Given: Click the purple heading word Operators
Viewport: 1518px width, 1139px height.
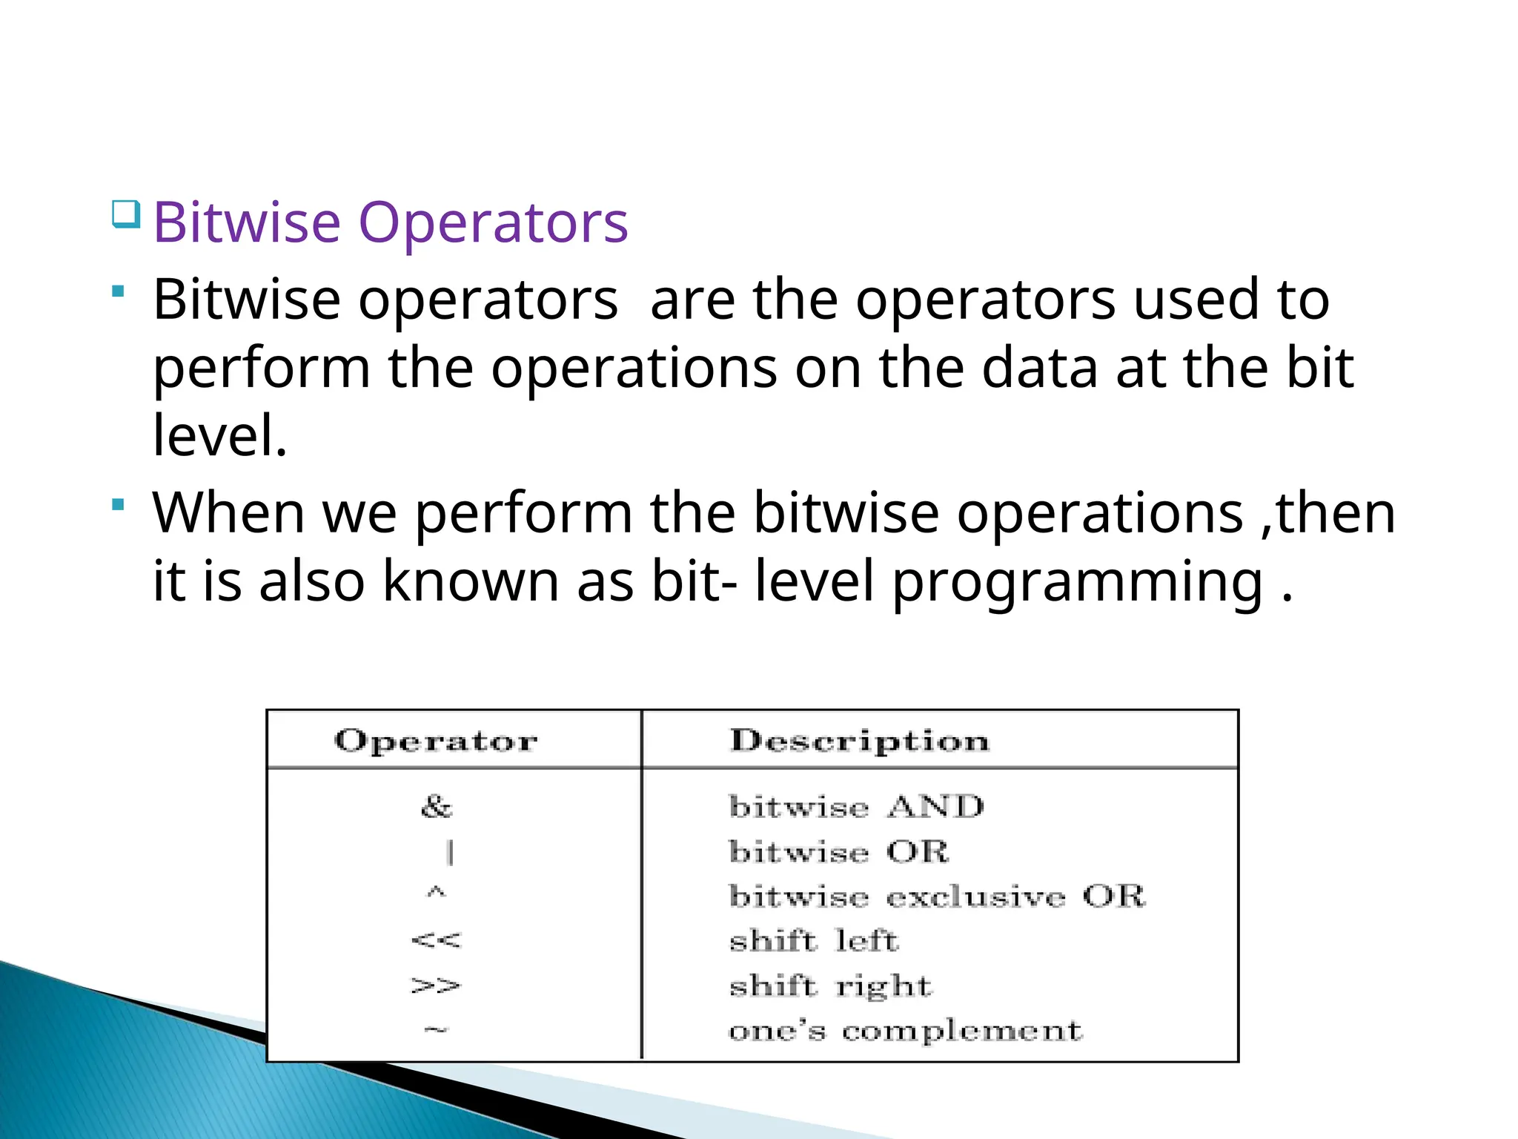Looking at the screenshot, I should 493,222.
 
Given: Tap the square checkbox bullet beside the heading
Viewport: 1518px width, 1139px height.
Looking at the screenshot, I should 125,214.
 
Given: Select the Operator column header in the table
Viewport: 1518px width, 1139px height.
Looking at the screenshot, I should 436,741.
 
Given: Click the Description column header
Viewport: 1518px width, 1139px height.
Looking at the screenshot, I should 859,741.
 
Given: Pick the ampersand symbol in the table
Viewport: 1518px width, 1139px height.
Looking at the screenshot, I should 436,806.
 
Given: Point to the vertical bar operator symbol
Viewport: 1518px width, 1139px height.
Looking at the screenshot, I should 450,852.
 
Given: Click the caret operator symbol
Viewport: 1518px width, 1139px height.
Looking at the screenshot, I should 436,893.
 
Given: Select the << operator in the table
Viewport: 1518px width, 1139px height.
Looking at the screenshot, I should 436,940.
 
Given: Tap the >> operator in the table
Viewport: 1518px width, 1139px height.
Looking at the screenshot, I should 436,986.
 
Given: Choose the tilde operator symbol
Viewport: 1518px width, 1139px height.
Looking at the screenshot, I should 436,1029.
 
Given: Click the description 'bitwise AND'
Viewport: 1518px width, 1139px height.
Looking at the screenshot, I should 856,807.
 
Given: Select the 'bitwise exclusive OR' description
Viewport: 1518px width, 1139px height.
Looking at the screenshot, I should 937,897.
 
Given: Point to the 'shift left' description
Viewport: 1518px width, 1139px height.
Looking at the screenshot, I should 814,941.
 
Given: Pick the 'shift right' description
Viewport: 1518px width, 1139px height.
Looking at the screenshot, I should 830,986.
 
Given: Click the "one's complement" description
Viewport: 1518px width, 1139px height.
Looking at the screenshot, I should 905,1031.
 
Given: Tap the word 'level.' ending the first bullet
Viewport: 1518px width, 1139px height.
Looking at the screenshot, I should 219,435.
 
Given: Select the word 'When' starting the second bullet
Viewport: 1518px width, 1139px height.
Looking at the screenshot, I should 228,512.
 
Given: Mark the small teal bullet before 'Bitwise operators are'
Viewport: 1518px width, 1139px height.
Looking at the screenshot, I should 118,292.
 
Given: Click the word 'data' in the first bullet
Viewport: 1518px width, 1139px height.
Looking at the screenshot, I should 1039,368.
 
